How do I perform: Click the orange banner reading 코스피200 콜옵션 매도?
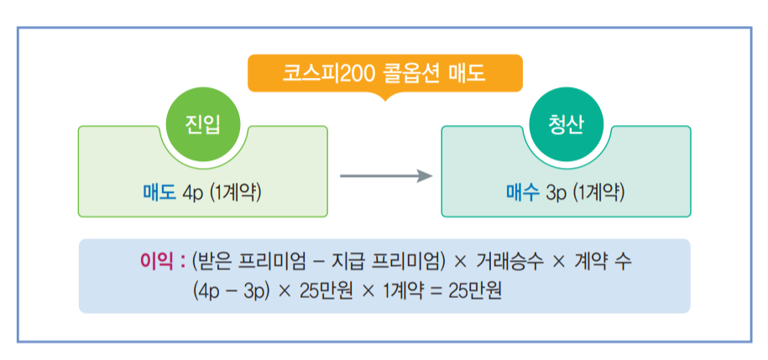(x=384, y=73)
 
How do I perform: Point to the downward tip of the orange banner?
(x=384, y=97)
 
